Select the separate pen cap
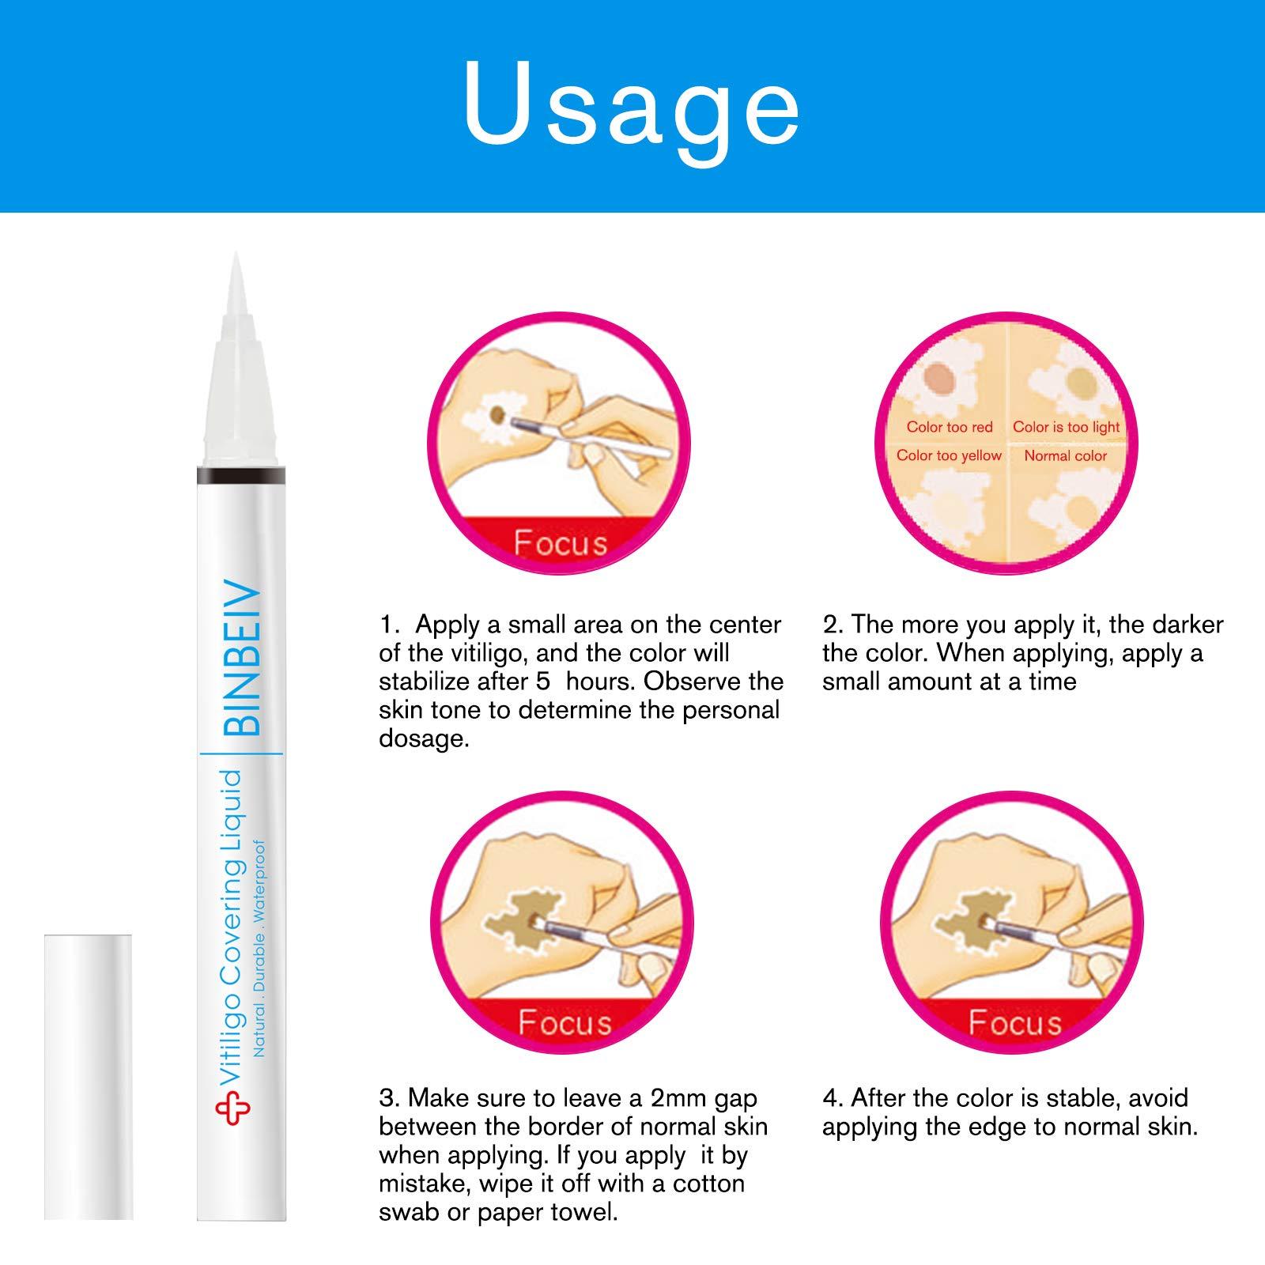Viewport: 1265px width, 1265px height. (x=88, y=1076)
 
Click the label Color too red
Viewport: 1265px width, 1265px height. (x=949, y=427)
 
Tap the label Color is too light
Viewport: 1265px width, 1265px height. (x=1066, y=427)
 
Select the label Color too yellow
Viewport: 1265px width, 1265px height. (x=948, y=455)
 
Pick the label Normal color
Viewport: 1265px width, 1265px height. (x=1065, y=455)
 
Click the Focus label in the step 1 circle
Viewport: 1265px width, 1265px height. (x=560, y=543)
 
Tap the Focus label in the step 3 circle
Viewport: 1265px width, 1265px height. (x=565, y=1022)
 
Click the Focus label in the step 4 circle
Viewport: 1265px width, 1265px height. (x=1014, y=1022)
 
